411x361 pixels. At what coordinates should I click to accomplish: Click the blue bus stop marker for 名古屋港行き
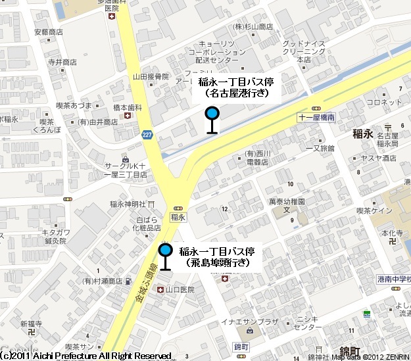click(x=212, y=113)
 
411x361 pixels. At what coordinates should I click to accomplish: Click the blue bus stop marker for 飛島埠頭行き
click(x=165, y=250)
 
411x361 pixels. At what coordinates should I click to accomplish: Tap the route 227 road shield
click(x=145, y=134)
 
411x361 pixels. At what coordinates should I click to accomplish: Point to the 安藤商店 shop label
click(x=48, y=32)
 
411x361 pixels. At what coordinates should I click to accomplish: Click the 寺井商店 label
click(x=62, y=62)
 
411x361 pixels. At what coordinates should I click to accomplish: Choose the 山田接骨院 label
click(x=151, y=77)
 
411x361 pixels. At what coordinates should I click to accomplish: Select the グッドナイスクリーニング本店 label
click(x=304, y=51)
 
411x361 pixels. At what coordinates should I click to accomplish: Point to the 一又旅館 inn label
click(x=320, y=148)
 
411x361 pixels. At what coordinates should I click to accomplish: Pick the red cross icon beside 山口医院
click(x=160, y=289)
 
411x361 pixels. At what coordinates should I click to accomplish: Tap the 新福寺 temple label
click(x=31, y=324)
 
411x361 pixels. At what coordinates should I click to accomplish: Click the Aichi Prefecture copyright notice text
click(x=85, y=356)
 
